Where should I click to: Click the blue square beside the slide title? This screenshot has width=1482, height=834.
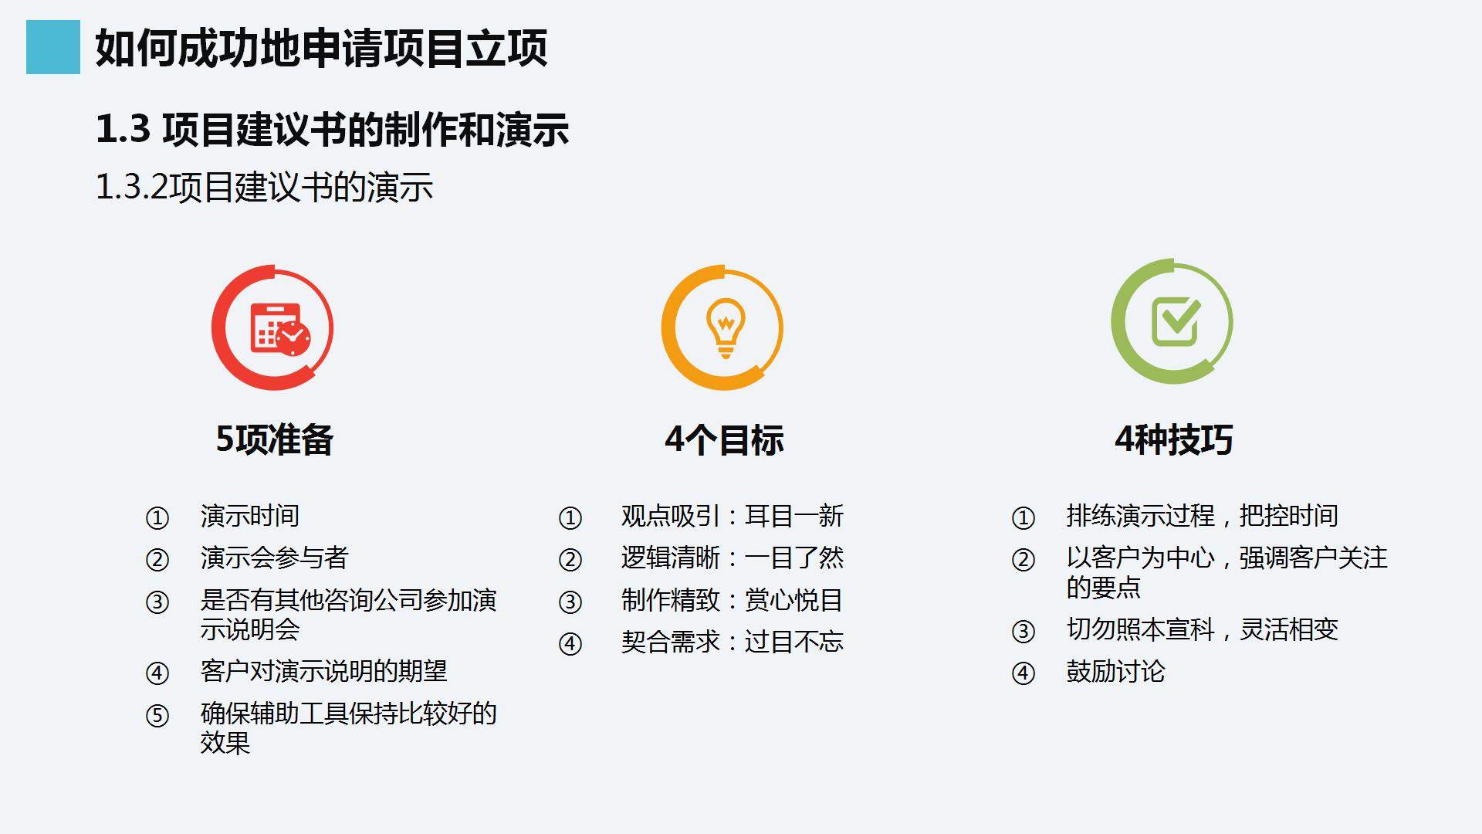click(x=52, y=47)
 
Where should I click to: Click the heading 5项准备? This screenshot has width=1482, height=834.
click(x=274, y=440)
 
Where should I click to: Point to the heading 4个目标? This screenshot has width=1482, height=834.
click(x=724, y=440)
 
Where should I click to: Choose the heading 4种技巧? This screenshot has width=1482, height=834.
click(x=1173, y=440)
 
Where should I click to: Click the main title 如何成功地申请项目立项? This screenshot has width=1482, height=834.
click(x=321, y=48)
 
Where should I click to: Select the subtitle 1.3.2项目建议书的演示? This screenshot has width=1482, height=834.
click(x=264, y=188)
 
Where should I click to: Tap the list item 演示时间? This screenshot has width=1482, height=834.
click(x=249, y=516)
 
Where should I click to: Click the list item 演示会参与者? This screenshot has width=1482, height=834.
click(x=274, y=558)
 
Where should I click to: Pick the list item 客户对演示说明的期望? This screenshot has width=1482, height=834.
click(x=323, y=671)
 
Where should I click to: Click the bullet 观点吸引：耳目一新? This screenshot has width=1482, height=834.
click(x=732, y=516)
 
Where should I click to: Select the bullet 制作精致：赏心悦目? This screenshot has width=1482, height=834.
click(x=732, y=600)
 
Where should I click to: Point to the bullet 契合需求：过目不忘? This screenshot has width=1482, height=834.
click(x=732, y=642)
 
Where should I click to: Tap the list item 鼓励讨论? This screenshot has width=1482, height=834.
click(x=1115, y=671)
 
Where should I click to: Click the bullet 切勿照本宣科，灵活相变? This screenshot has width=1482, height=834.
click(x=1202, y=629)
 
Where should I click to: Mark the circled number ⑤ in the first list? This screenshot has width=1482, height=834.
click(x=157, y=716)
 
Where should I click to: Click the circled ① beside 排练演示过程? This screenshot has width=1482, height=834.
click(x=1023, y=518)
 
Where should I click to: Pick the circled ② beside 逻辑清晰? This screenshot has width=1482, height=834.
click(x=570, y=560)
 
